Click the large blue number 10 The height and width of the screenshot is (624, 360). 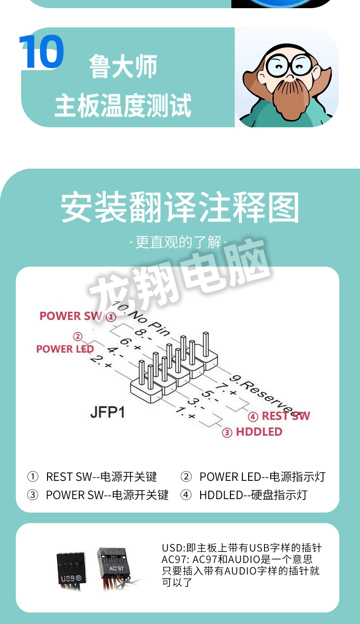[x=42, y=52]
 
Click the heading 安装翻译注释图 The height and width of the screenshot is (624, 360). [x=180, y=208]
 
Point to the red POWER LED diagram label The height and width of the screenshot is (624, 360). [x=65, y=349]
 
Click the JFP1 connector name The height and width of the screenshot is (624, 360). [x=107, y=412]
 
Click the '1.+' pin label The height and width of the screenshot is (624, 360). [x=185, y=413]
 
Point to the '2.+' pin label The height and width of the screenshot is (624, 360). [x=101, y=362]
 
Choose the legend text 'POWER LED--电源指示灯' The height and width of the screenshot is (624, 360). [x=262, y=477]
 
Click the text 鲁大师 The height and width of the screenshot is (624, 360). [x=123, y=67]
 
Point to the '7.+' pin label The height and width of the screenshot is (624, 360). [x=226, y=390]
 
